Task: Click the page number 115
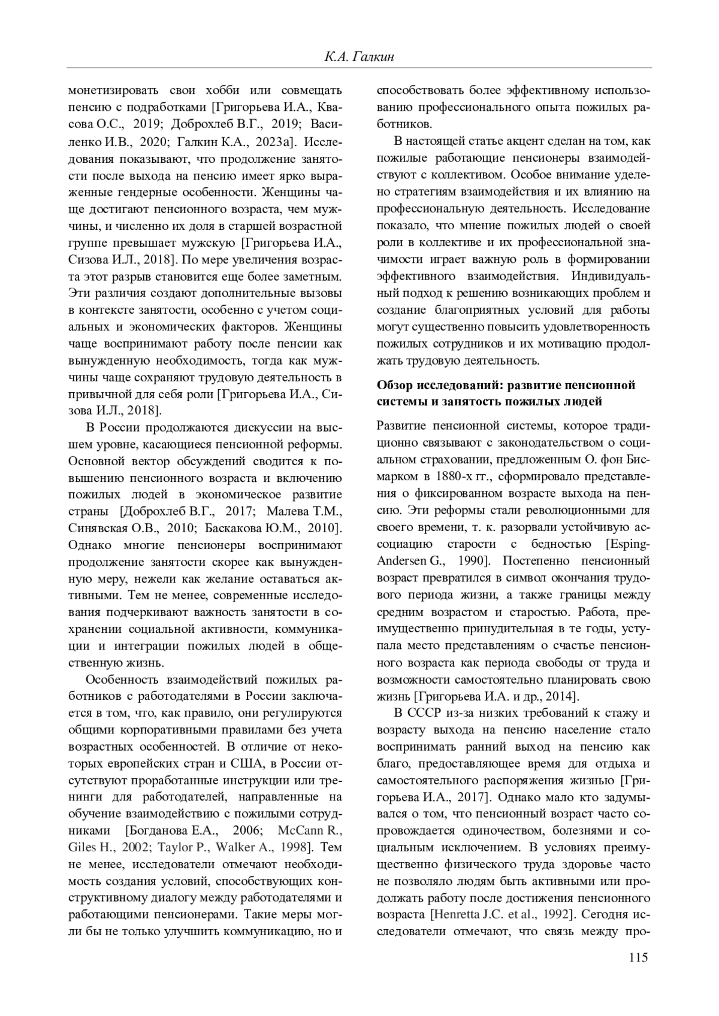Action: point(639,957)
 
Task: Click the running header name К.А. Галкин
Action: point(358,57)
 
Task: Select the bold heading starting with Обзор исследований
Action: point(506,393)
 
